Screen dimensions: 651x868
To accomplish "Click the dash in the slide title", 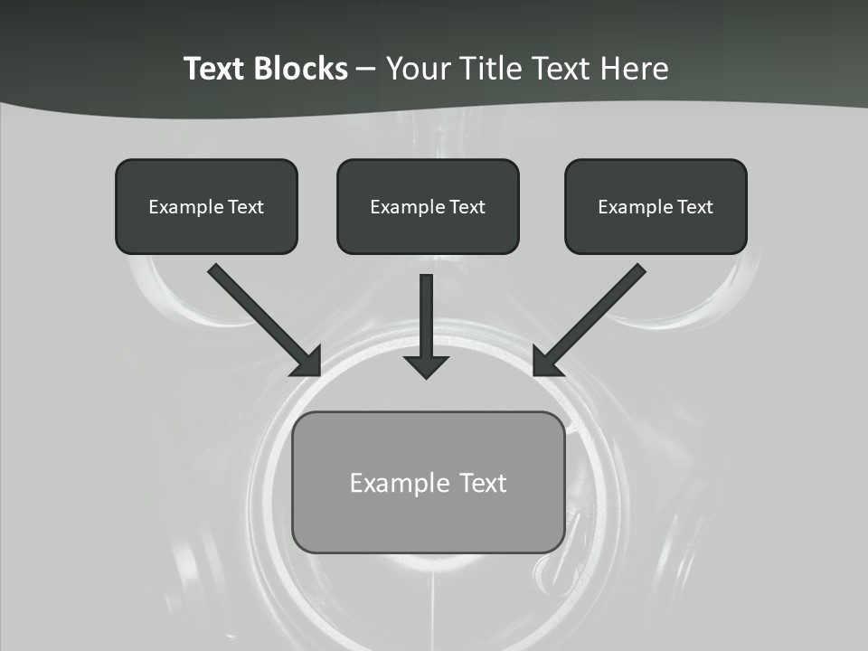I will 366,70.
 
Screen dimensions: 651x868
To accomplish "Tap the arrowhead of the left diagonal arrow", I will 307,361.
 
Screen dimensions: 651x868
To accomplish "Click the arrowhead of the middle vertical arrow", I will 427,366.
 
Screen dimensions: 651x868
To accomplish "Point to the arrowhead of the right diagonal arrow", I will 546,361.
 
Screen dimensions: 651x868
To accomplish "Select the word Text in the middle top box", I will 467,207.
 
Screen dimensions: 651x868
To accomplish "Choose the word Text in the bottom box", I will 484,483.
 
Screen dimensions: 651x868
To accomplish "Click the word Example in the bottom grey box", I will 400,483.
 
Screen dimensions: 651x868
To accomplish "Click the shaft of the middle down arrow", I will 427,312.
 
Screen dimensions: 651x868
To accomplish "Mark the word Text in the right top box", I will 694,207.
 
